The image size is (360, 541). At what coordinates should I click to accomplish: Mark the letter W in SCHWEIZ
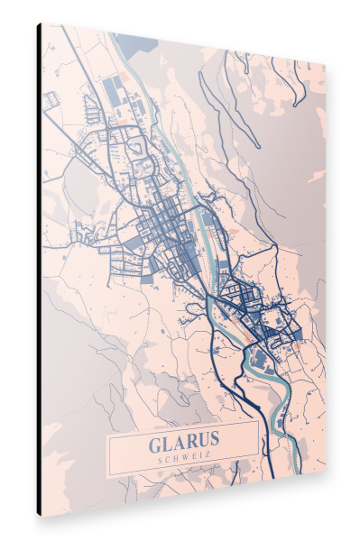pos(181,459)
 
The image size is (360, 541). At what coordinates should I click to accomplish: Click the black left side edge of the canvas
pos(39,270)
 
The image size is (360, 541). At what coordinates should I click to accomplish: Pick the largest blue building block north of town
pos(115,89)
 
